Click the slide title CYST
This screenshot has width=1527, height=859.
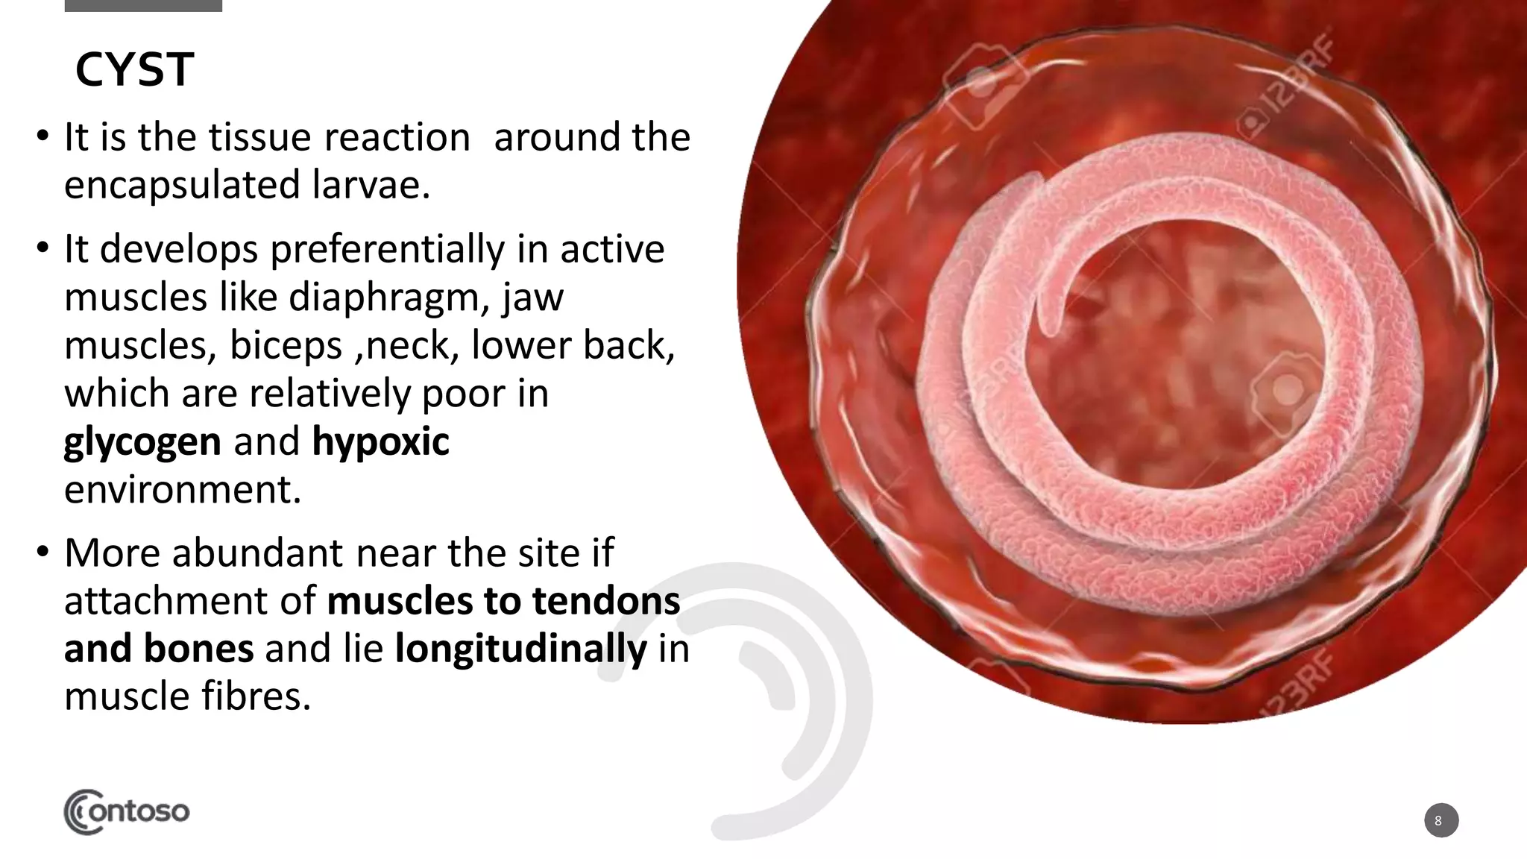[134, 70]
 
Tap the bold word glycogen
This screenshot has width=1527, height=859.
[142, 442]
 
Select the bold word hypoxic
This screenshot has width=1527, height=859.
[380, 442]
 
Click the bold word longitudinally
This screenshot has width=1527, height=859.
[520, 649]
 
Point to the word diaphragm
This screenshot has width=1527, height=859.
[388, 298]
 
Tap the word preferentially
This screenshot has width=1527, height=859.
[387, 249]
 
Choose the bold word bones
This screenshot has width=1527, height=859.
[198, 649]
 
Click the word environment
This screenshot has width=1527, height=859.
[183, 490]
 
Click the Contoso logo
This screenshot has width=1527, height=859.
[127, 811]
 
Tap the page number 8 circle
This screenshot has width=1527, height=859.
[1441, 820]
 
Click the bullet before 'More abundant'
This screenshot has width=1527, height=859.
[43, 553]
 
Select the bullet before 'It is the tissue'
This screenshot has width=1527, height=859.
[43, 136]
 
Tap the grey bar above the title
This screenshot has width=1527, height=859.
[143, 5]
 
